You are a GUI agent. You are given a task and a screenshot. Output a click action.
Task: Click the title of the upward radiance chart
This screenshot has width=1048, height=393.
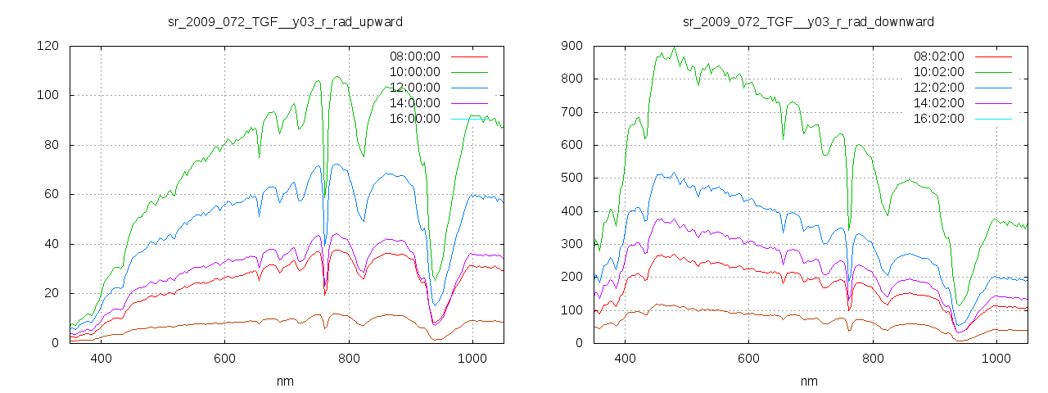[x=285, y=21]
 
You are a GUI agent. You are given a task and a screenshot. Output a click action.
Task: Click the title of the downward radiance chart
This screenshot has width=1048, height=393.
[x=809, y=21]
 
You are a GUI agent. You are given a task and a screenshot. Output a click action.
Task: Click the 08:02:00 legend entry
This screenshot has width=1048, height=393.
[x=938, y=56]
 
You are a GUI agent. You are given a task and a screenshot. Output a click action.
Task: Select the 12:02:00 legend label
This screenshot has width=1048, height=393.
[x=938, y=88]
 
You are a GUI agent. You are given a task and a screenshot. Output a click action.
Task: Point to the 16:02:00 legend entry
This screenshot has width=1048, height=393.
[x=938, y=119]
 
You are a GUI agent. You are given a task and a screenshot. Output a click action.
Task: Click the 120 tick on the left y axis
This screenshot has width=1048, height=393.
[x=47, y=46]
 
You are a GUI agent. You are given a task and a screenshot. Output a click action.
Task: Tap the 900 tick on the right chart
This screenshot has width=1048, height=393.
[x=571, y=46]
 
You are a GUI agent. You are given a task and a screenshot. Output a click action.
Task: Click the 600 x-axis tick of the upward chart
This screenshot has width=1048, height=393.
[x=225, y=359]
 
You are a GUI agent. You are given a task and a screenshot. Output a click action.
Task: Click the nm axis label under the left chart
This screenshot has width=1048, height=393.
[x=285, y=382]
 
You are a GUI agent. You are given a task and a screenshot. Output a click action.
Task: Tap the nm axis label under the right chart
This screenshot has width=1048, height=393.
[x=809, y=382]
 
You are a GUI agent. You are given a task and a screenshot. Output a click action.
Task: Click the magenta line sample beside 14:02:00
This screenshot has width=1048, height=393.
[x=992, y=103]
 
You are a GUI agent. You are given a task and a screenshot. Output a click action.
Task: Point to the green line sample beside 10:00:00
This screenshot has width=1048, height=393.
[x=468, y=72]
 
